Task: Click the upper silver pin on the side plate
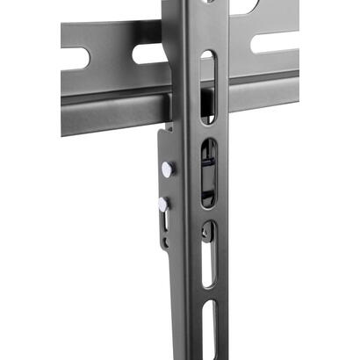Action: (168, 167)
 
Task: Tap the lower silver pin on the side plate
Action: (163, 204)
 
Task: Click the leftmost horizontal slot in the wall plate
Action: (77, 58)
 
